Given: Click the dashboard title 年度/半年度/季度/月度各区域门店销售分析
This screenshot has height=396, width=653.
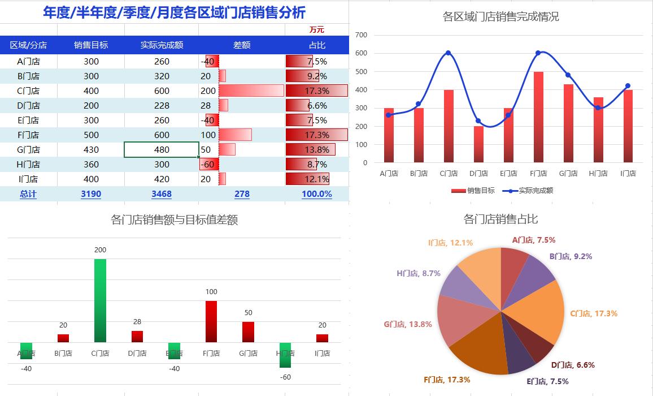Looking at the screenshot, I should click(174, 12).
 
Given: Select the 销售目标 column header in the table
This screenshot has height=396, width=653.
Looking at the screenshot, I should click(90, 45).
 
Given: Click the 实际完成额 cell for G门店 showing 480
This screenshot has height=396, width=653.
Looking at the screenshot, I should click(161, 150).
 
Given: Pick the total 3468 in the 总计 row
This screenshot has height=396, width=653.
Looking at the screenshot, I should click(161, 194).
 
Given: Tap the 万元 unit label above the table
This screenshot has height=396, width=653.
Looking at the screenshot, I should click(316, 29).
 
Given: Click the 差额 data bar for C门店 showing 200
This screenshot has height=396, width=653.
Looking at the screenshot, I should click(251, 91).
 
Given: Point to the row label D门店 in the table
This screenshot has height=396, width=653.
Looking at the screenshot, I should click(28, 106).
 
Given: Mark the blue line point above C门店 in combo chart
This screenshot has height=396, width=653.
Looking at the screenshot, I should click(448, 53).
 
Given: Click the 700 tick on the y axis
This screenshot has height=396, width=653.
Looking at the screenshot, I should click(362, 35).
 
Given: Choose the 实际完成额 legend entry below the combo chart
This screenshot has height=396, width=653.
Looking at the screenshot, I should click(528, 191).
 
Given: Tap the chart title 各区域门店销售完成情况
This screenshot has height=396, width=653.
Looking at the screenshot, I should click(500, 16).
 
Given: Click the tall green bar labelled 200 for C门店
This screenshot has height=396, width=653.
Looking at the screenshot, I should click(100, 300).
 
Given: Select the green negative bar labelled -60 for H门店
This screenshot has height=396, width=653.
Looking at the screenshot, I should click(285, 355).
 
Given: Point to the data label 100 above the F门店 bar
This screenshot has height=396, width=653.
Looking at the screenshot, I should click(211, 292).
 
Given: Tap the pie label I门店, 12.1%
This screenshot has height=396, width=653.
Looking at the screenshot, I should click(450, 243).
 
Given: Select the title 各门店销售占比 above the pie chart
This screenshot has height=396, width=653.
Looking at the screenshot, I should click(500, 219).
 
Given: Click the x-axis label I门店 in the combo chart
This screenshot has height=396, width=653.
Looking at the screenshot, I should click(628, 174).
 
